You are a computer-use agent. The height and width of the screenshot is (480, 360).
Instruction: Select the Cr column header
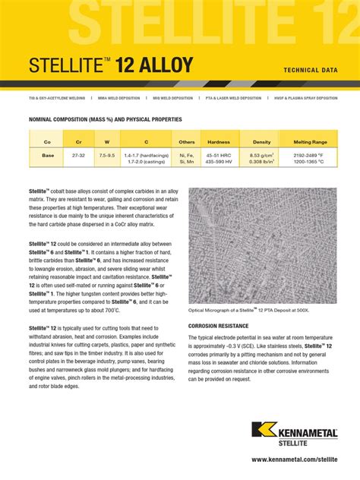[77, 142]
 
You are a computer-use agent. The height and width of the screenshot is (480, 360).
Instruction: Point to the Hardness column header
[219, 142]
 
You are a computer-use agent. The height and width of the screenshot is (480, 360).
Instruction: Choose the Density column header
[261, 142]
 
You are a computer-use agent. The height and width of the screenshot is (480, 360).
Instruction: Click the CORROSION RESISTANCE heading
[218, 325]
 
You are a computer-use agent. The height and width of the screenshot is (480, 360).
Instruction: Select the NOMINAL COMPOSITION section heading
[105, 119]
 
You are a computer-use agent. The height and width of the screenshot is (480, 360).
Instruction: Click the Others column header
[186, 142]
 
